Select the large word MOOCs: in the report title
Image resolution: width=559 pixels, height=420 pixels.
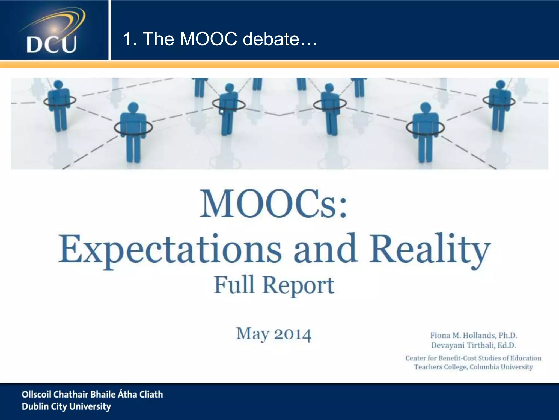[x=273, y=204]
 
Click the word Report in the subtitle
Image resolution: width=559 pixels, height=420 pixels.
[x=298, y=285]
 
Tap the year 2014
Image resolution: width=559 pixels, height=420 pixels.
[x=293, y=334]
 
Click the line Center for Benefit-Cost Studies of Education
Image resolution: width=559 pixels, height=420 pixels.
[x=473, y=358]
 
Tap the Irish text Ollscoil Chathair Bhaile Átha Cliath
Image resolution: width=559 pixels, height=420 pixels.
[x=92, y=394]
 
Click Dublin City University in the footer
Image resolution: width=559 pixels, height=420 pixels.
[x=66, y=406]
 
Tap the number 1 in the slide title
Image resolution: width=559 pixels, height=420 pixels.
[x=127, y=39]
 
